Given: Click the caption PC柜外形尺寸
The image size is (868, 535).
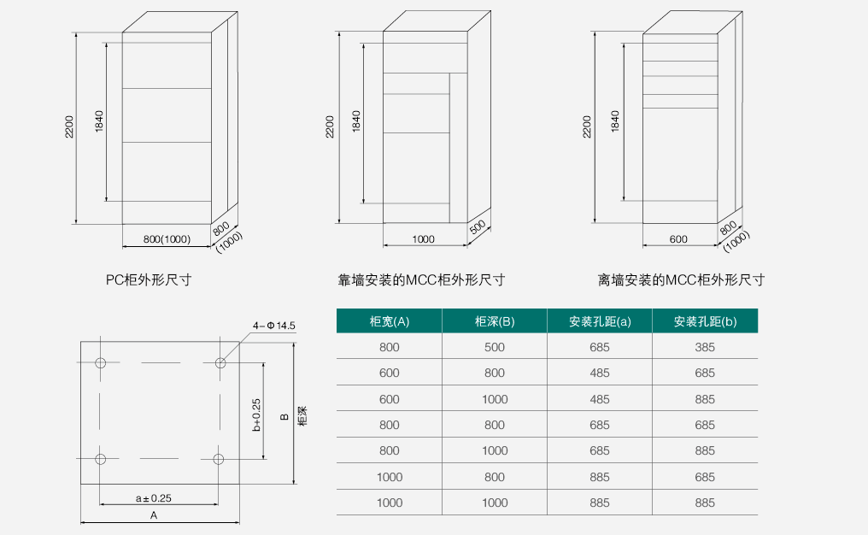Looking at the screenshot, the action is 149,279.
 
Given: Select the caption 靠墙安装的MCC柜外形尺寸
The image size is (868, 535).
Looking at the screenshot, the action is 421,279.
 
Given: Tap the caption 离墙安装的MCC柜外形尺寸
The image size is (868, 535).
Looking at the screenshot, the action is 681,279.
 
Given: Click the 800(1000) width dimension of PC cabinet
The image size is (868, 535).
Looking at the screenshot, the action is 167,239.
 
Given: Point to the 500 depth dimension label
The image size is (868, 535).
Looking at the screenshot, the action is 478,226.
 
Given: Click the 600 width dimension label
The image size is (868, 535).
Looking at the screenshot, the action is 678,239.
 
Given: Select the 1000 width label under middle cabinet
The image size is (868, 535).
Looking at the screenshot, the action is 423,239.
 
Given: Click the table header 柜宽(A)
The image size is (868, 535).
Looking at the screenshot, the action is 390,321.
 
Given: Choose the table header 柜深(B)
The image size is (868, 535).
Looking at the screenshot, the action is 495,321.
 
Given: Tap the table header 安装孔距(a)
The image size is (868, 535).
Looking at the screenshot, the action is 600,321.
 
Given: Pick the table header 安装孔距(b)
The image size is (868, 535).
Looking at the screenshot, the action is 705,321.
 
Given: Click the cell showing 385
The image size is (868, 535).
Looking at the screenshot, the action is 705,347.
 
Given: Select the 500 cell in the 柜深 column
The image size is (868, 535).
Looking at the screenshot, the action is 495,347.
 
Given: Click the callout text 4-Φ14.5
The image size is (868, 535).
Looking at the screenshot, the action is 274,326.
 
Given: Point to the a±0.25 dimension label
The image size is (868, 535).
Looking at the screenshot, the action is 153,498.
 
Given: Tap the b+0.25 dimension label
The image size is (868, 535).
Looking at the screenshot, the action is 256,414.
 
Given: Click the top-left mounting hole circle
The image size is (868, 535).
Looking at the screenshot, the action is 100,362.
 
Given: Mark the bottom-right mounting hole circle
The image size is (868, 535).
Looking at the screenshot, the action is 219,459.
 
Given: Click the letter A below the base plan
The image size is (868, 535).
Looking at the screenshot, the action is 154,515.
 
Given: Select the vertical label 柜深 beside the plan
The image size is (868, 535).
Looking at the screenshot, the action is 302,416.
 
